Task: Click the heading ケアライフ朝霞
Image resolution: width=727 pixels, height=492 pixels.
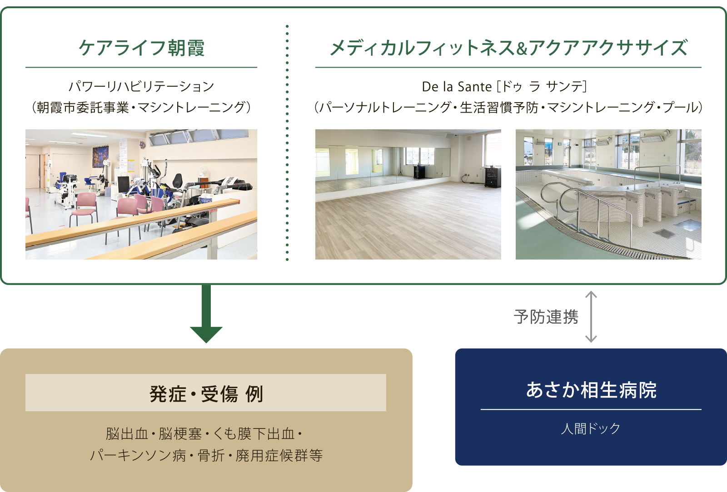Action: pos(141,48)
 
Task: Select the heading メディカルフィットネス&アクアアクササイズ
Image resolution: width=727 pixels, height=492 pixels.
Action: pos(508,48)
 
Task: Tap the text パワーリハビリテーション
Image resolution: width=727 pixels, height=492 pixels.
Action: pos(141,87)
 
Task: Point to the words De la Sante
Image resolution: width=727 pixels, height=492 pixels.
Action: pos(457,87)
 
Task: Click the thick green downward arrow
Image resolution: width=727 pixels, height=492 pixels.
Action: pos(206,314)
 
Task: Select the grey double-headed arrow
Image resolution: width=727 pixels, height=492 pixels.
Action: pos(591,317)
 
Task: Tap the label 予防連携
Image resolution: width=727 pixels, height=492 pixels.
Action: pos(546,317)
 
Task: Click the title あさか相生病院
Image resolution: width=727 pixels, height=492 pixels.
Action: pos(591,390)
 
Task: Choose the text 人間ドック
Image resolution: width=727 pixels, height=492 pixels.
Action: pos(591,429)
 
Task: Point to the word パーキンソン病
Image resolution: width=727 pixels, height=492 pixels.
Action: pos(138,455)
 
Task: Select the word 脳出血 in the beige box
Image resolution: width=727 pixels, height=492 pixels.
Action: pos(127,433)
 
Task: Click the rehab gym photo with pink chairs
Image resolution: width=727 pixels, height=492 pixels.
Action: pos(141,194)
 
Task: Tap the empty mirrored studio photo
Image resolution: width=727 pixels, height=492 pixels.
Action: pos(408,194)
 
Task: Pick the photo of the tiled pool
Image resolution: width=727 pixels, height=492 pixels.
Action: pos(608,194)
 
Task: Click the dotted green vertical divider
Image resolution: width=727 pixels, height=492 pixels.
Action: pos(287,143)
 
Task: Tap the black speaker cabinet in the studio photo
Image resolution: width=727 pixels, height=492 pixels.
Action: pos(493,177)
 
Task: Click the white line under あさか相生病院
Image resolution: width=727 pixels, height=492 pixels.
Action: pos(591,409)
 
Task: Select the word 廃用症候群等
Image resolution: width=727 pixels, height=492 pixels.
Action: pos(279,455)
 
